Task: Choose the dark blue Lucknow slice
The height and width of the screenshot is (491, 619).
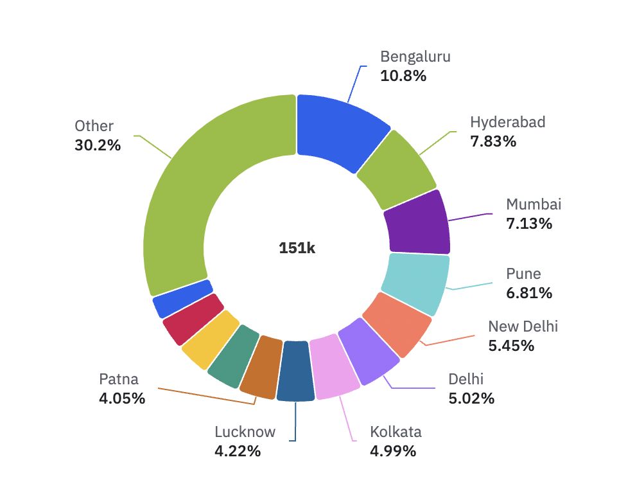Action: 296,371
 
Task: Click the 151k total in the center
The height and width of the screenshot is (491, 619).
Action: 297,248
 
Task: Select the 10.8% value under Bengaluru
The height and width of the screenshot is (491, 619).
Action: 403,76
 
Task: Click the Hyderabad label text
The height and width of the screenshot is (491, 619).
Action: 507,122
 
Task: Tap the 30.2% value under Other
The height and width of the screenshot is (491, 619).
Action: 98,145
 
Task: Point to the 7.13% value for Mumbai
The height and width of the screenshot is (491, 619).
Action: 529,224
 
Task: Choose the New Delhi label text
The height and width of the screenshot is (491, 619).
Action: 523,326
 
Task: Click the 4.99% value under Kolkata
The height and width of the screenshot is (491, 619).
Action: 393,451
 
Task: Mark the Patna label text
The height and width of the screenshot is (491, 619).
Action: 119,379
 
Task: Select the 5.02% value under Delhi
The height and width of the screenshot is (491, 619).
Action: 471,398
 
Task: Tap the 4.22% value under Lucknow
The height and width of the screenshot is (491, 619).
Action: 238,451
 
